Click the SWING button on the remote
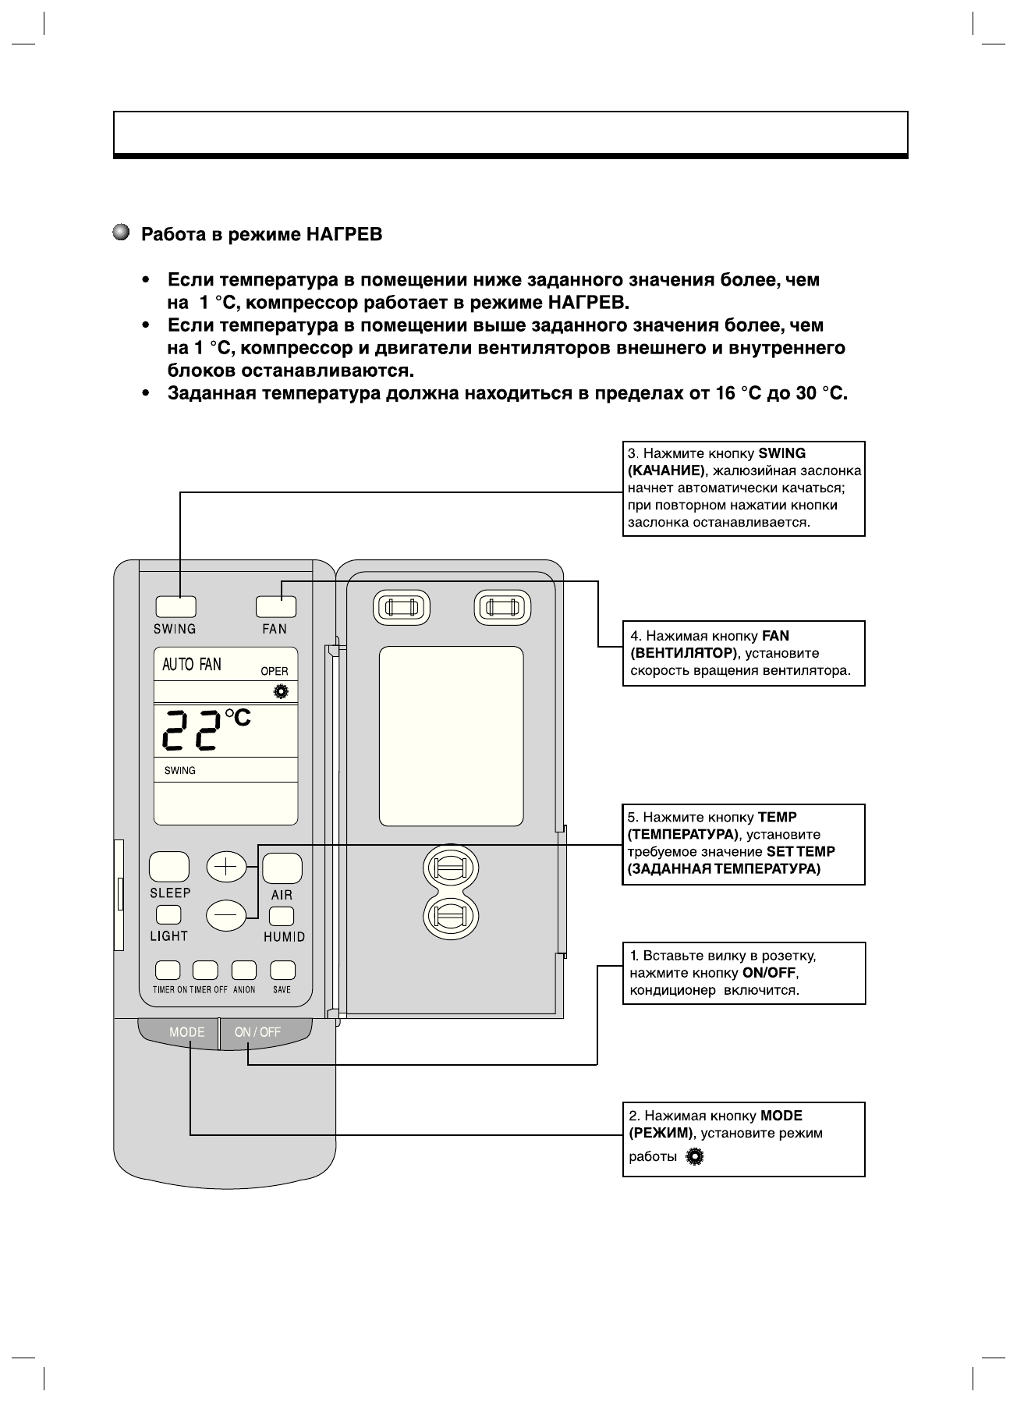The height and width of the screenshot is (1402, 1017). (x=175, y=606)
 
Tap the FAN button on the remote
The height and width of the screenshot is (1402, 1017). (x=276, y=606)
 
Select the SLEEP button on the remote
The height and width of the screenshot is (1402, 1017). (x=169, y=867)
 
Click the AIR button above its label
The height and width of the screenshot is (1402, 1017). (x=282, y=868)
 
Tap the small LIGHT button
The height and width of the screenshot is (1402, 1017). (x=168, y=915)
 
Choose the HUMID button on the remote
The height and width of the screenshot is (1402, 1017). (x=282, y=916)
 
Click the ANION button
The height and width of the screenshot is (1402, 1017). (x=244, y=970)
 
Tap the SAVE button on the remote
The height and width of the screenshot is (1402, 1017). (x=282, y=970)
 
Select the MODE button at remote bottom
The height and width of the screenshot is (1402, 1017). (x=187, y=1032)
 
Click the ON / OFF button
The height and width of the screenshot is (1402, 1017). (x=257, y=1032)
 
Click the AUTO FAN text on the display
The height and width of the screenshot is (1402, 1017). (x=191, y=665)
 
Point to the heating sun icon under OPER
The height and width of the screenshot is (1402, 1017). (x=280, y=691)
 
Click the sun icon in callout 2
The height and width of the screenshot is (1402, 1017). (x=694, y=1158)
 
